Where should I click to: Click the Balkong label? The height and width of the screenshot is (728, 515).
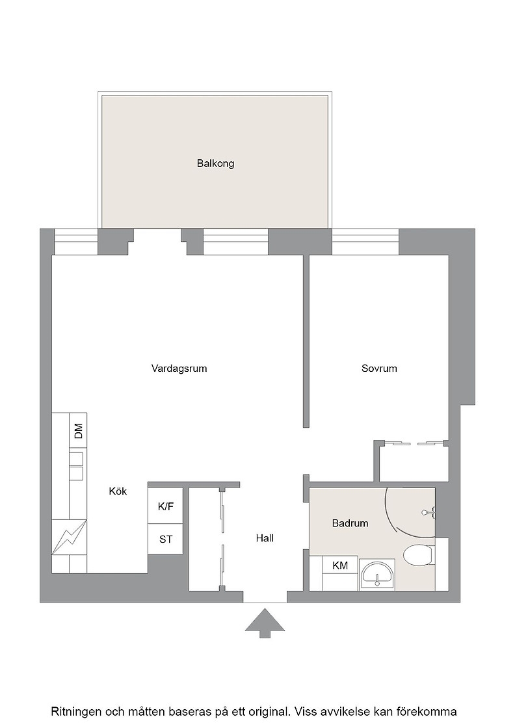click(x=215, y=164)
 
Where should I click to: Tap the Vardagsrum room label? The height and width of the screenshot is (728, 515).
click(x=179, y=369)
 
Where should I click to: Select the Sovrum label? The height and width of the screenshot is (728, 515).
click(x=379, y=369)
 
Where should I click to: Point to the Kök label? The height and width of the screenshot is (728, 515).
click(x=118, y=491)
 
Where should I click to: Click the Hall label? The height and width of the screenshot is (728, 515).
click(x=265, y=538)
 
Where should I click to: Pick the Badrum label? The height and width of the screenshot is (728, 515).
click(x=350, y=523)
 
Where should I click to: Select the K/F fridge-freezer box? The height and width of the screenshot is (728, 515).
click(x=165, y=506)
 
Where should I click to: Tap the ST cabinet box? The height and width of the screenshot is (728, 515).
click(x=165, y=539)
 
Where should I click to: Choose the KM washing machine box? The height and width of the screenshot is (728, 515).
click(x=340, y=565)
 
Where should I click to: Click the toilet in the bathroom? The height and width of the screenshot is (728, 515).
click(x=418, y=555)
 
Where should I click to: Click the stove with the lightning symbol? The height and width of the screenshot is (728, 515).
click(x=69, y=537)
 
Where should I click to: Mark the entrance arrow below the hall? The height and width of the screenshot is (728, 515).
click(x=265, y=623)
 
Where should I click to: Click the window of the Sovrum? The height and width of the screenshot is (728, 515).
click(x=365, y=242)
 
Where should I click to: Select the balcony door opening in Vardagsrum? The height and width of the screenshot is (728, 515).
click(x=157, y=242)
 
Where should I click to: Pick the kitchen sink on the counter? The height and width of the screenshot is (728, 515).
click(x=77, y=466)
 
